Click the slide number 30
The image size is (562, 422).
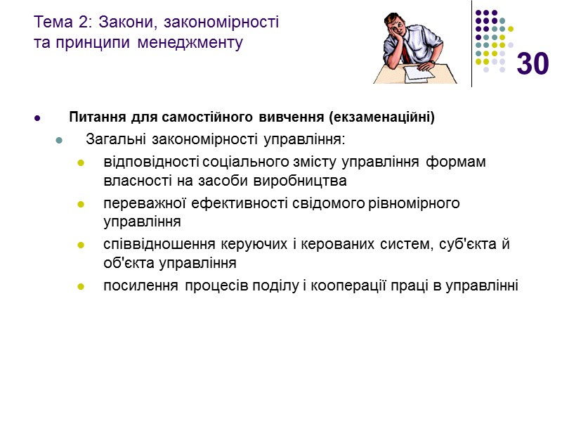coord(532,64)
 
